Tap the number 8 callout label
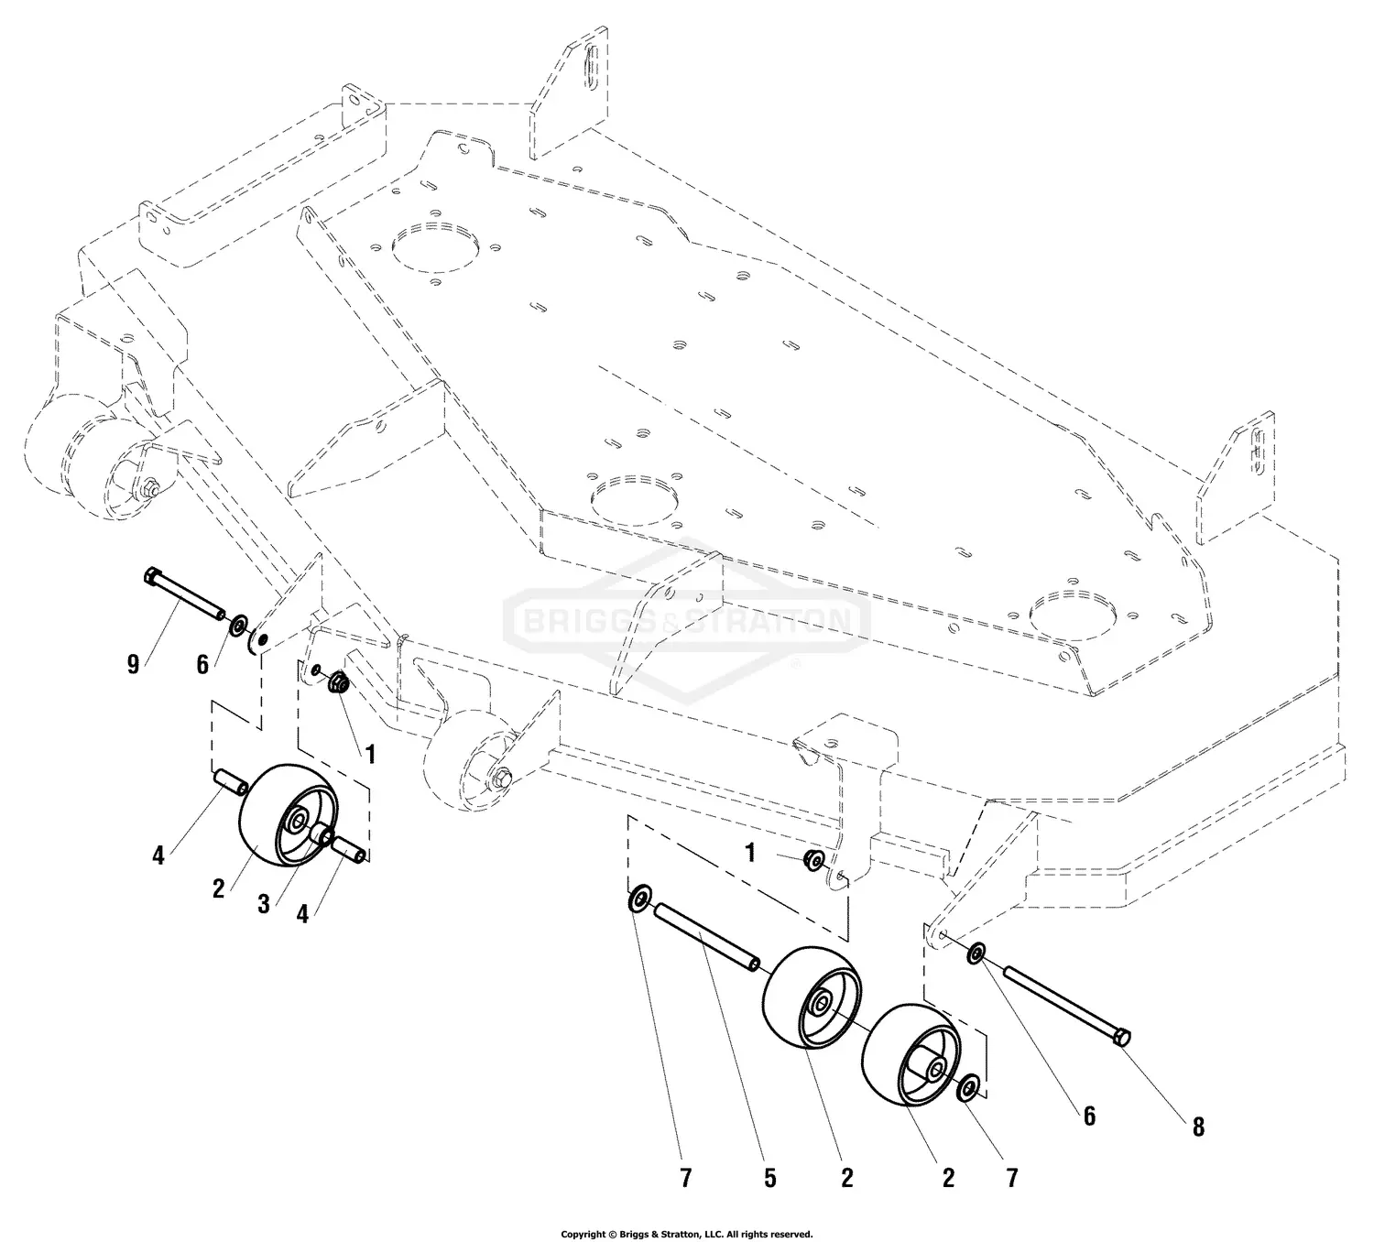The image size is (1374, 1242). coord(1197,1128)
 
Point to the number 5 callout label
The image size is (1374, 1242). coord(769,1178)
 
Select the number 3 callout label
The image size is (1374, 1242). coord(264,904)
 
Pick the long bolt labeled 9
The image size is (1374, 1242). coord(187,596)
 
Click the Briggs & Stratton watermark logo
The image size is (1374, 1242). coord(687,623)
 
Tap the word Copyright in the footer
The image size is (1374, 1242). coord(583,1234)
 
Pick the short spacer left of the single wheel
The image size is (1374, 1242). coord(230,784)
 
